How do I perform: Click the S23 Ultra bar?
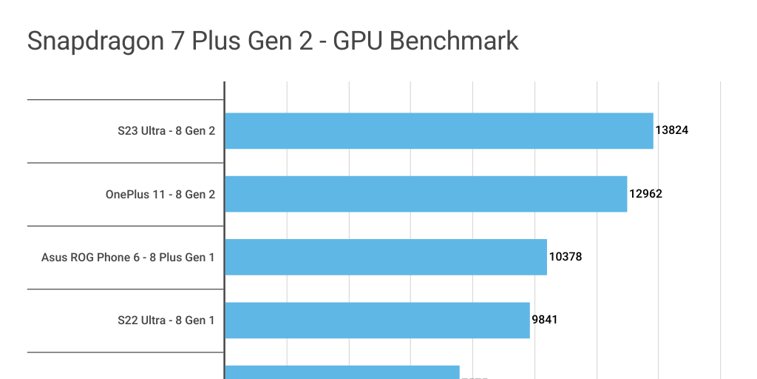[x=439, y=131]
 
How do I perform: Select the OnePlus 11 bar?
[x=426, y=194]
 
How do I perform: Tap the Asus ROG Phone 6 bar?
[x=386, y=257]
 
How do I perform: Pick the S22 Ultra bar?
[x=377, y=320]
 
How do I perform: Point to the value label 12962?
[x=645, y=194]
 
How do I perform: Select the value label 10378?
[x=566, y=257]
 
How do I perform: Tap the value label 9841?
[x=546, y=320]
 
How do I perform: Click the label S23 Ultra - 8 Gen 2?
[x=166, y=131]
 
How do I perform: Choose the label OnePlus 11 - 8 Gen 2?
[x=160, y=194]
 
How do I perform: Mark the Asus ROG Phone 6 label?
[x=128, y=257]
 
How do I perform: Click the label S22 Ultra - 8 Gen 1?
[x=166, y=320]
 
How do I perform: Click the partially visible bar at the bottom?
[x=342, y=372]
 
